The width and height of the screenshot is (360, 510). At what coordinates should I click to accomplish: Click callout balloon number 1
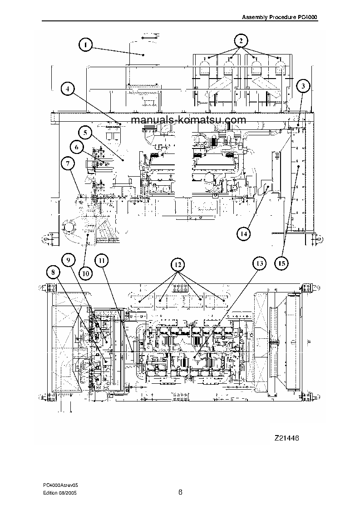85,45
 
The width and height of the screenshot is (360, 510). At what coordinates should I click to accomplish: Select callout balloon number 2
242,41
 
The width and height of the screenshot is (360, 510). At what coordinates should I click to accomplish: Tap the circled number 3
303,86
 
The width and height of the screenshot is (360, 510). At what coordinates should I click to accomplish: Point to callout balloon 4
67,89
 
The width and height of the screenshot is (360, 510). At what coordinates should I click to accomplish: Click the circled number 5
85,133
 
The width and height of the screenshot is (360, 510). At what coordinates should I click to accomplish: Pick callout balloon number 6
77,147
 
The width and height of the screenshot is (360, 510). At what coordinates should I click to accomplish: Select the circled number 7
67,163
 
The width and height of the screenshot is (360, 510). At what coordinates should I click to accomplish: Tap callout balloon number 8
53,272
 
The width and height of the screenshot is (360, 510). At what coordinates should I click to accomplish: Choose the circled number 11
102,260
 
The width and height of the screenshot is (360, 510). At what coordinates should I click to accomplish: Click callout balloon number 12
178,264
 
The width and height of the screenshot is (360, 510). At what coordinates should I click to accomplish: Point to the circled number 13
259,263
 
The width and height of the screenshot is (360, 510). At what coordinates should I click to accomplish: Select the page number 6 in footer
180,492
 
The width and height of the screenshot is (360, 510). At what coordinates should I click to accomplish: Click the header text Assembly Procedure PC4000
280,17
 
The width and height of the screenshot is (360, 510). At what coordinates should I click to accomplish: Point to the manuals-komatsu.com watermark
176,120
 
